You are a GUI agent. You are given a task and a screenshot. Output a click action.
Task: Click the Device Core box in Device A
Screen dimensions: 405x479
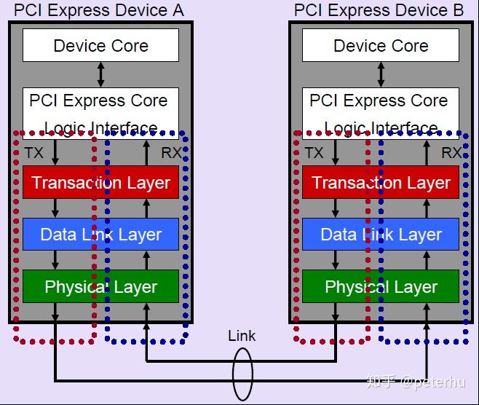point(100,46)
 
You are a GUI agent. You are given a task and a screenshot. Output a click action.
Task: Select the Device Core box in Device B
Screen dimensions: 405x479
point(381,46)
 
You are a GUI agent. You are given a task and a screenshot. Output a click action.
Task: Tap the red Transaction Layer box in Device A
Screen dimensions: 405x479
point(100,183)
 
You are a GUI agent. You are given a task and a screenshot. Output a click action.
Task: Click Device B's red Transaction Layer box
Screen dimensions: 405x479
point(381,183)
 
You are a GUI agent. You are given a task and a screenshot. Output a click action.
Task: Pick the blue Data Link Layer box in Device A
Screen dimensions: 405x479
point(100,235)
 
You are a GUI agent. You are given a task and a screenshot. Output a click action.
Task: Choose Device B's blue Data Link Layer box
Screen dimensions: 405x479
point(381,235)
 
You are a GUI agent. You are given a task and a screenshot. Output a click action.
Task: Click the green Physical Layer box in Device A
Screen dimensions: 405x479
point(100,287)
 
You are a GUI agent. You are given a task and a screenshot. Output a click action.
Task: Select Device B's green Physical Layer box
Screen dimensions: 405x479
point(381,287)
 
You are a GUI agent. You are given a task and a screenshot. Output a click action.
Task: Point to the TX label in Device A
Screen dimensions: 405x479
point(34,153)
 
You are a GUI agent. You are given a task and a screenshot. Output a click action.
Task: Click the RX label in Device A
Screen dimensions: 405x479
point(170,153)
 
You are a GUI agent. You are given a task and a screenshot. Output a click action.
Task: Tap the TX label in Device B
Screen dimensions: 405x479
point(314,153)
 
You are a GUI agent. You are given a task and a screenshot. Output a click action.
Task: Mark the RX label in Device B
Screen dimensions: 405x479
point(451,153)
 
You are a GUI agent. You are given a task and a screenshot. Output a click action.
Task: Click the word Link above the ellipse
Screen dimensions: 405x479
point(242,336)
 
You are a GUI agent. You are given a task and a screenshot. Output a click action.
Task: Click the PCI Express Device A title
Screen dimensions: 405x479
point(100,10)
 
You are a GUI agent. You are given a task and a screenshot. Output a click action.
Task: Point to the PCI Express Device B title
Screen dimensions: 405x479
point(379,10)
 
